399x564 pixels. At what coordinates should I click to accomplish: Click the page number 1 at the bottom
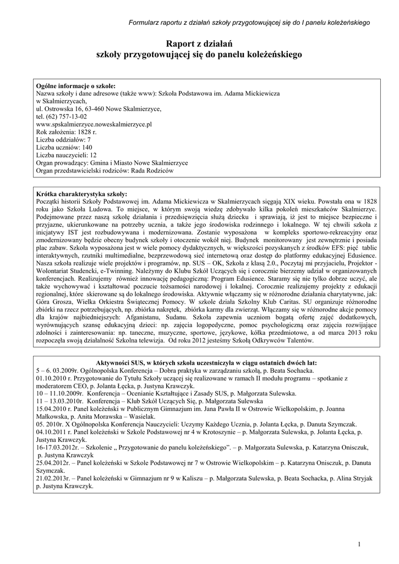(x=359, y=545)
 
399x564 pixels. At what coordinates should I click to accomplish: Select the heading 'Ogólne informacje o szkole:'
(x=75, y=86)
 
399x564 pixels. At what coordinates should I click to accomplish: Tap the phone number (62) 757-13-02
(x=61, y=117)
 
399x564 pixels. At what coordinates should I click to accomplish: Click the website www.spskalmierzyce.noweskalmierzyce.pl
(x=94, y=124)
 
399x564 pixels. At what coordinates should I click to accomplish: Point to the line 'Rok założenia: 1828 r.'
(x=66, y=132)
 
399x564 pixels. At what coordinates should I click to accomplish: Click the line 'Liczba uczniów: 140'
(x=63, y=148)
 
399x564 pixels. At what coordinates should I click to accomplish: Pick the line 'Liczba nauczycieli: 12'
(x=66, y=155)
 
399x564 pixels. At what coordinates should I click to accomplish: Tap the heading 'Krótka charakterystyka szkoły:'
(x=81, y=194)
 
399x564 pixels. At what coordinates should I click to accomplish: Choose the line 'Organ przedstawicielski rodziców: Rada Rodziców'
(x=105, y=171)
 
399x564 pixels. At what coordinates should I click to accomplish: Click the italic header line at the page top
(x=249, y=23)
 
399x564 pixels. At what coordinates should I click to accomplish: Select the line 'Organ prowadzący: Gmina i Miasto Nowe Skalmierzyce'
(x=112, y=163)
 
